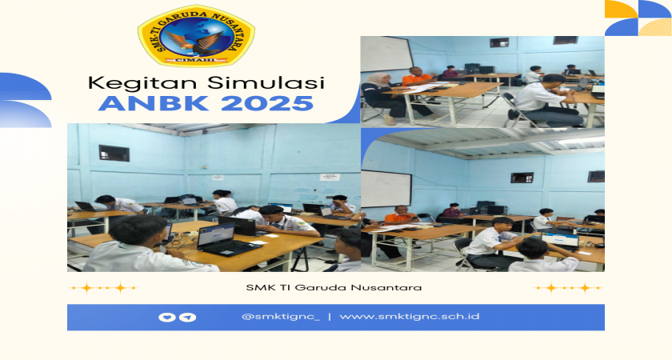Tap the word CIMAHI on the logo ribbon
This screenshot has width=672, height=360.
195,61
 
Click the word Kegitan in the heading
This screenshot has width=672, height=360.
134,83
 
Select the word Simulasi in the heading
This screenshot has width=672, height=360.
256,82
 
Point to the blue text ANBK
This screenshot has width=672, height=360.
153,103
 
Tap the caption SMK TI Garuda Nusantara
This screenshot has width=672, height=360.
334,287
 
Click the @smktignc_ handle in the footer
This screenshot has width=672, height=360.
281,317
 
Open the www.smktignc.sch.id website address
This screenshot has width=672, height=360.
410,317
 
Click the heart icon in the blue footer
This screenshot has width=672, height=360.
166,317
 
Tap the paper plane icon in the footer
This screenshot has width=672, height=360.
188,317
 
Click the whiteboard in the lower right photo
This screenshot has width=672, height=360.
386,189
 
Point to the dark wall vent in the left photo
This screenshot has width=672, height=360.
114,153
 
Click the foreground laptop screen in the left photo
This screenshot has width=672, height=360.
216,236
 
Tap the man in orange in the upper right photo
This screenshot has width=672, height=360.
418,82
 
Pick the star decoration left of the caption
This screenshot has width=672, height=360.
103,288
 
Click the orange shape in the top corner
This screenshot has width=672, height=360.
622,9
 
